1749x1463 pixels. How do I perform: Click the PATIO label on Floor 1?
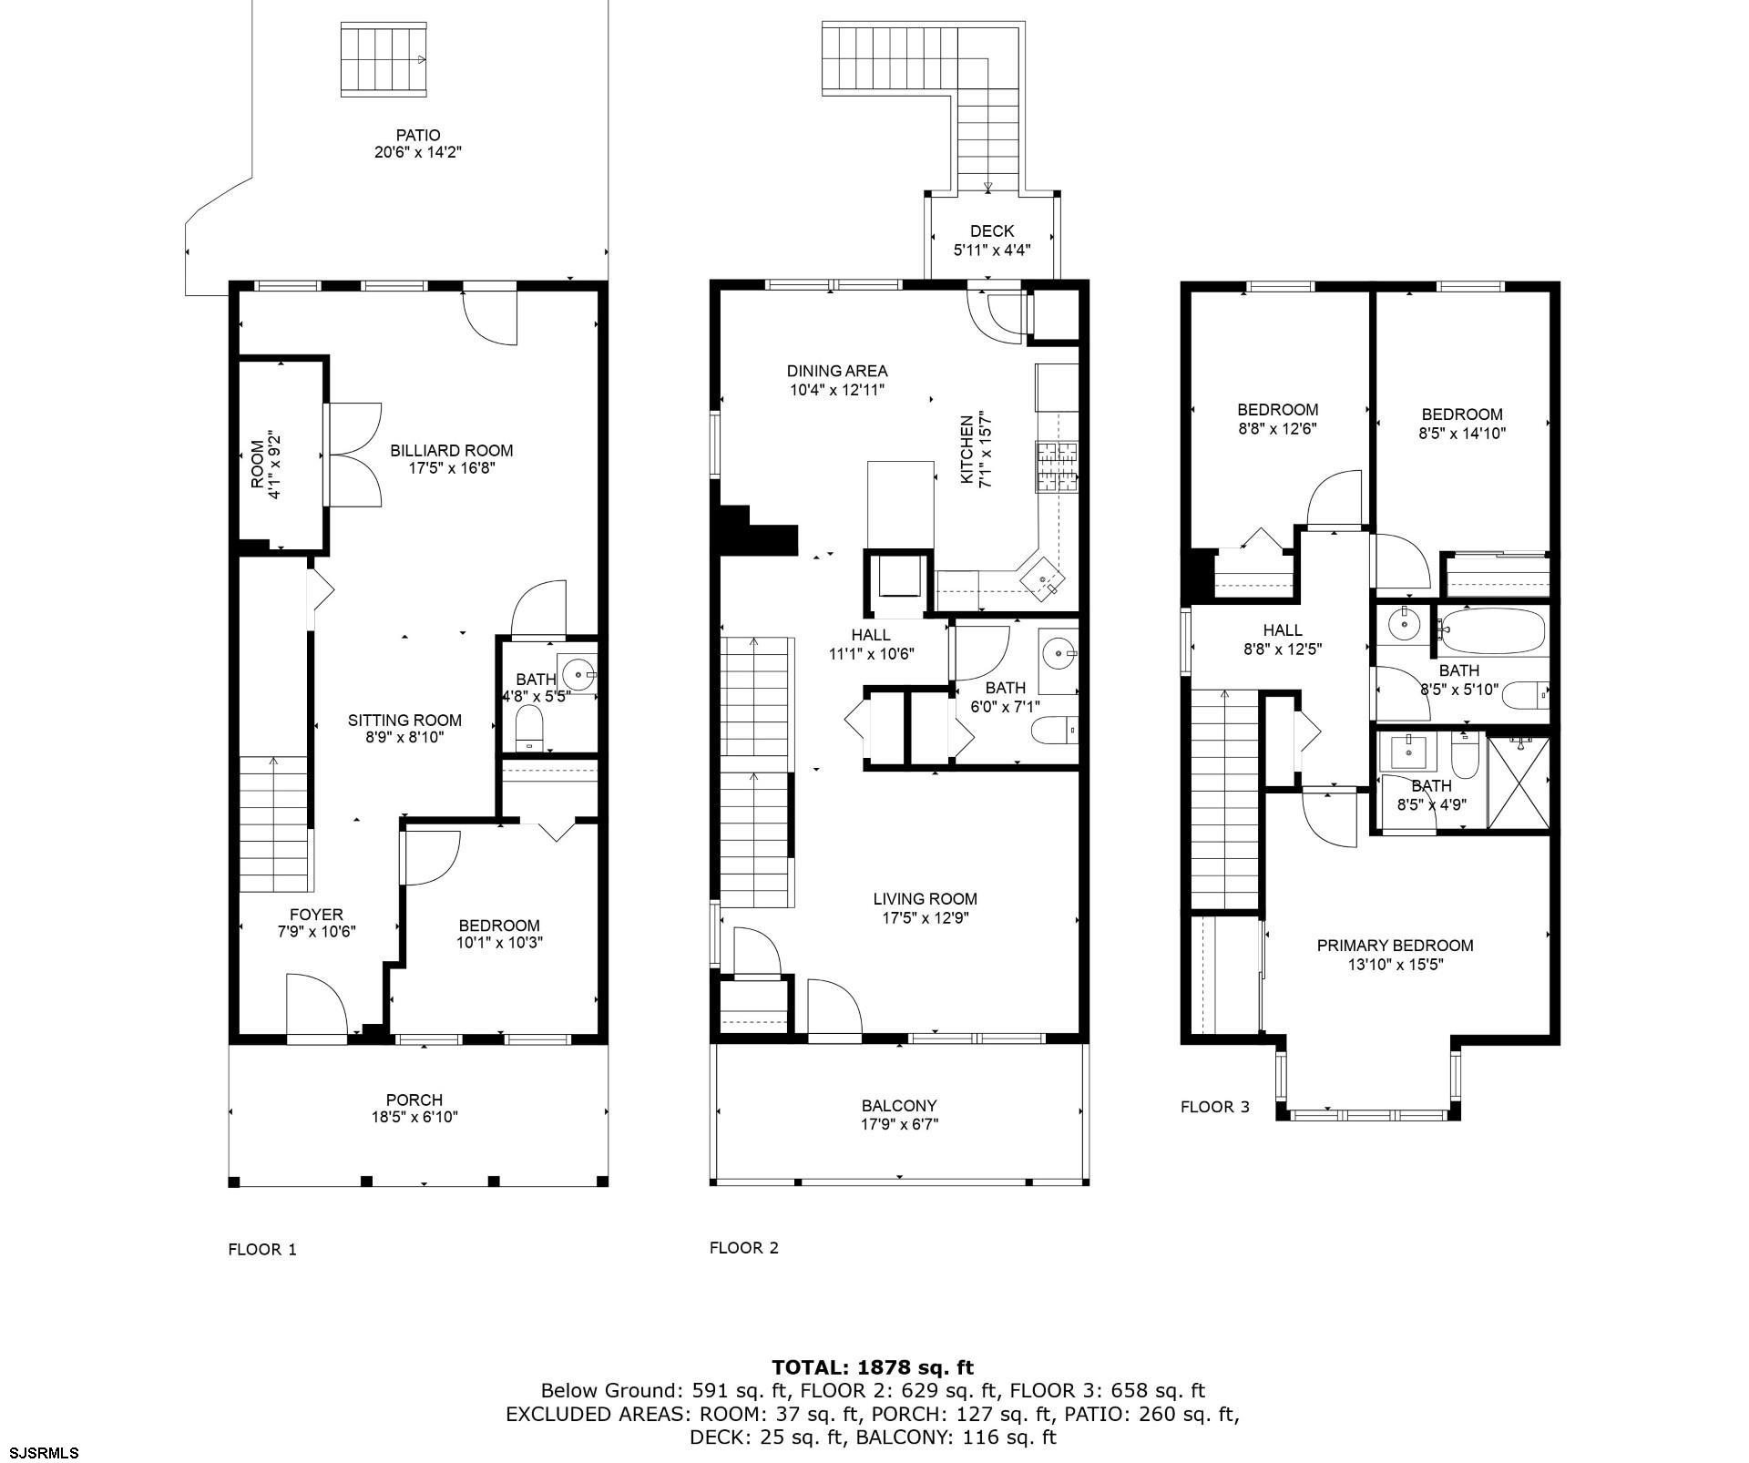pyautogui.click(x=418, y=136)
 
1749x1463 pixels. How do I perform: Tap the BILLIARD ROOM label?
pyautogui.click(x=452, y=450)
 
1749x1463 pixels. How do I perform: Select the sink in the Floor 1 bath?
pyautogui.click(x=578, y=675)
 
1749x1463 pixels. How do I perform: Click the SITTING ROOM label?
pyautogui.click(x=404, y=721)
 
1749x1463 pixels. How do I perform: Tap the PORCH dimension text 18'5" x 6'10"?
pyautogui.click(x=414, y=1117)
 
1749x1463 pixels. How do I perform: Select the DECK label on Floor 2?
pyautogui.click(x=992, y=231)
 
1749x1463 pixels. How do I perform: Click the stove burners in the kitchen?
pyautogui.click(x=1057, y=467)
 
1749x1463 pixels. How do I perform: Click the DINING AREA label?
pyautogui.click(x=837, y=371)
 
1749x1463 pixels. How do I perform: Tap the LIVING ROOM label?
pyautogui.click(x=925, y=899)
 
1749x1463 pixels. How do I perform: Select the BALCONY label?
pyautogui.click(x=899, y=1106)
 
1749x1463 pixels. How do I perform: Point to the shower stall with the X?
pyautogui.click(x=1519, y=783)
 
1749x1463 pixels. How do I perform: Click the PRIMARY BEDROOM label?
pyautogui.click(x=1395, y=946)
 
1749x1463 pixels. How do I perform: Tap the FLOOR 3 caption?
pyautogui.click(x=1215, y=1107)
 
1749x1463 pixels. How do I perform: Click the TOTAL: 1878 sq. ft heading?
pyautogui.click(x=873, y=1366)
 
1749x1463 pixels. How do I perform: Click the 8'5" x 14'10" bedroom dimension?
pyautogui.click(x=1462, y=434)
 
